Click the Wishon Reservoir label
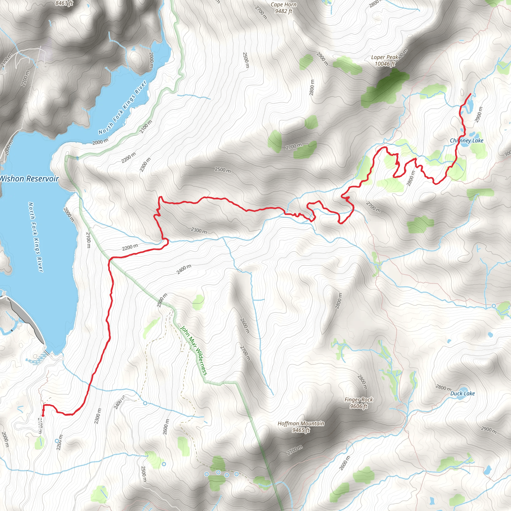click(29, 179)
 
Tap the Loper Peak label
click(385, 61)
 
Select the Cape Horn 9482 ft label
click(283, 8)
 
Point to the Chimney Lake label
click(467, 141)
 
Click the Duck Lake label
click(463, 393)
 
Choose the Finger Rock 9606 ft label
click(359, 403)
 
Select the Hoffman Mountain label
click(301, 427)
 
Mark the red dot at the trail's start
click(43, 416)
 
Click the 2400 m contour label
click(184, 269)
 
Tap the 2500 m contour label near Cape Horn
click(246, 60)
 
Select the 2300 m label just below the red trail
click(199, 231)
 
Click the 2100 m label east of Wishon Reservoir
click(88, 240)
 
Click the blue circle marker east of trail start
click(145, 403)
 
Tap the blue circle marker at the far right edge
click(494, 306)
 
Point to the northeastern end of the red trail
click(470, 94)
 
